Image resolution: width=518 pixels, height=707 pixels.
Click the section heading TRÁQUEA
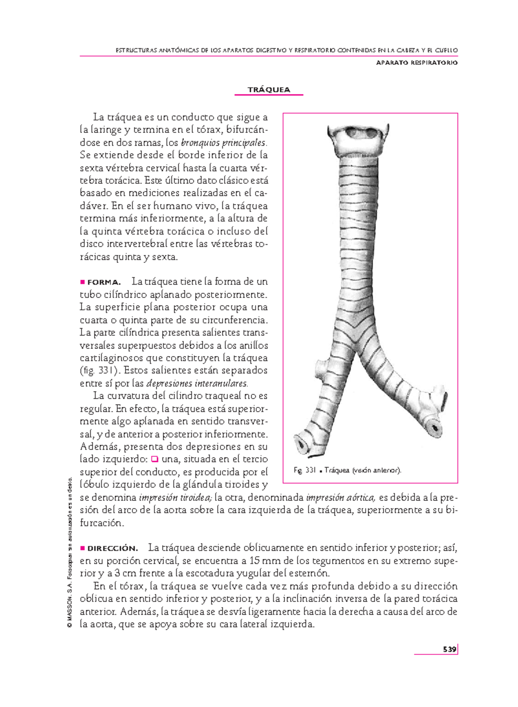coord(268,90)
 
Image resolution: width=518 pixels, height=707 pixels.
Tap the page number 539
coord(449,649)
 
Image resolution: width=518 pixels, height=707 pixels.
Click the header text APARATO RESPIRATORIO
coord(417,63)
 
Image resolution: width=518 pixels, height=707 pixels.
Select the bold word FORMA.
coord(104,282)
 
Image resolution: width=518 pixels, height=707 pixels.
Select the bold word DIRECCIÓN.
coord(113,549)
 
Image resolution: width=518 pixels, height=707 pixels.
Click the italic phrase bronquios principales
coord(224,142)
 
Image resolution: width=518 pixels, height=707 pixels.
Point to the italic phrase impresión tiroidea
coord(175,498)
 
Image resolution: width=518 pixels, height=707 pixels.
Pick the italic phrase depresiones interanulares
coord(197,383)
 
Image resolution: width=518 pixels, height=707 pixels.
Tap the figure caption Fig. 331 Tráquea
coord(347,470)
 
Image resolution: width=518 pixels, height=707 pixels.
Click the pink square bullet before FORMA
coord(82,282)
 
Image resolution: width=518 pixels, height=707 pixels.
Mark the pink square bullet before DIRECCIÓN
coord(82,548)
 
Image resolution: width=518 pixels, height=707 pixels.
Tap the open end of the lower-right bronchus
coord(434,428)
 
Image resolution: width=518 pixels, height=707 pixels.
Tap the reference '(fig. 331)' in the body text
coord(100,371)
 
